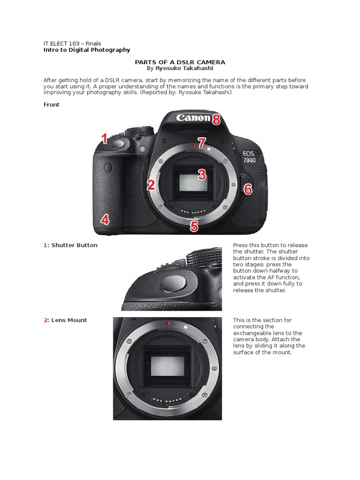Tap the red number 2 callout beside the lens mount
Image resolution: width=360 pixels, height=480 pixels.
150,185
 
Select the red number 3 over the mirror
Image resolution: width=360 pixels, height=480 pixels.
202,175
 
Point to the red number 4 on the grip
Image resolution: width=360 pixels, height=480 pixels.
105,219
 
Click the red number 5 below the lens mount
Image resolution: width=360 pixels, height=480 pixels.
194,227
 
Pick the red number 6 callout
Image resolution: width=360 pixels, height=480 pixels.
247,189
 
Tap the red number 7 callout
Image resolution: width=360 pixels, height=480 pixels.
202,143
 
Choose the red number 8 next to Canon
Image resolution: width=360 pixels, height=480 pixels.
216,120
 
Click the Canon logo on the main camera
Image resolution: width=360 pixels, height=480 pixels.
193,118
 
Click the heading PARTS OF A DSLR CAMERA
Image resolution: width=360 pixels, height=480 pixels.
180,62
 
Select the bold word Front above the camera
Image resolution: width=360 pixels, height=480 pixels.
52,105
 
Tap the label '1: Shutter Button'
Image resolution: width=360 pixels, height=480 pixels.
71,245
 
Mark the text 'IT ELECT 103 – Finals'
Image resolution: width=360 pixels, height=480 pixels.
72,44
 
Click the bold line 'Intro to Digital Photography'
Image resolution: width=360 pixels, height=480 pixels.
87,50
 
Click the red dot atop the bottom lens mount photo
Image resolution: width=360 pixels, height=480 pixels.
167,323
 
